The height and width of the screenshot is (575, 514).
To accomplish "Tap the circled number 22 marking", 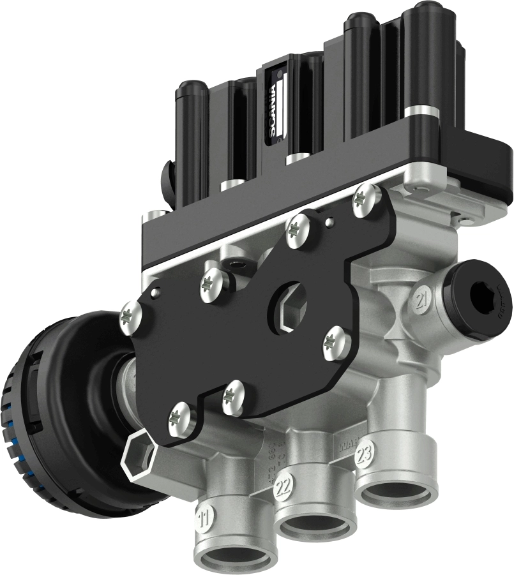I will click(x=283, y=489).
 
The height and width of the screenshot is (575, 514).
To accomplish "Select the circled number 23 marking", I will click(x=364, y=458).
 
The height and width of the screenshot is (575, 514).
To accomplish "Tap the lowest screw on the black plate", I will click(x=181, y=419).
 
